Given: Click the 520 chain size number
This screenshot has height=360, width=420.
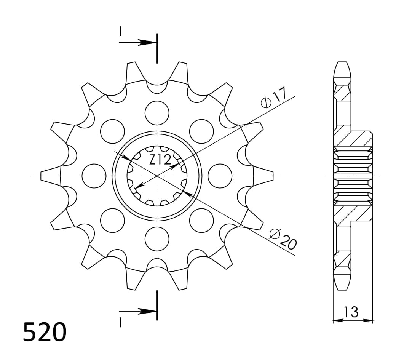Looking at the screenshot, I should tap(45, 332).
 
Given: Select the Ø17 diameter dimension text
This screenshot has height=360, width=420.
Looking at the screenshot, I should tap(273, 98).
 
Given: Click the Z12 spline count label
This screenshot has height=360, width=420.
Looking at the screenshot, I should tap(160, 160).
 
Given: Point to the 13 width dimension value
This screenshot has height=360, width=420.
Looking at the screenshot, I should tap(351, 312).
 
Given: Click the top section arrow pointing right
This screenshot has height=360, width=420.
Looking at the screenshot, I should tap(145, 42).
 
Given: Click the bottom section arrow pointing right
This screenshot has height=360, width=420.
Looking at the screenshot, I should tap(145, 311).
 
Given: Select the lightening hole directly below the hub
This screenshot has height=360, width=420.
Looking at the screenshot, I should tap(157, 238).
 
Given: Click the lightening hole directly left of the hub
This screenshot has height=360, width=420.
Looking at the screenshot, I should tap(94, 176).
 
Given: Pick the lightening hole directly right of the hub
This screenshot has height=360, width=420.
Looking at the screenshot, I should tap(220, 176).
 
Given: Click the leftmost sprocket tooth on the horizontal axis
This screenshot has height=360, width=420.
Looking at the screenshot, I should tap(49, 176).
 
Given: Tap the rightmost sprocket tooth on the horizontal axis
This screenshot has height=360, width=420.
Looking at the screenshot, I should tap(265, 176).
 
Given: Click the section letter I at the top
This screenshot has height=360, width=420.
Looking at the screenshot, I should tap(120, 31).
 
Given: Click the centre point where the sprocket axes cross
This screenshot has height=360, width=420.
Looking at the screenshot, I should tap(157, 176).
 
